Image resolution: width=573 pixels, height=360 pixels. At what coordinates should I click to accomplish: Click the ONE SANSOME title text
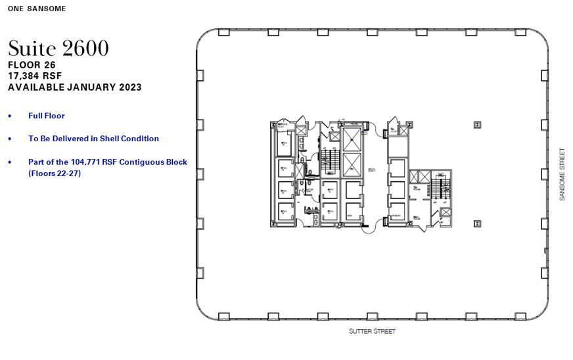37,9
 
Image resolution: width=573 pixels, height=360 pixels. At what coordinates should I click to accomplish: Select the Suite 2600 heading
58,48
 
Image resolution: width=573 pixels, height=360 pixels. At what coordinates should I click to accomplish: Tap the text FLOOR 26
32,65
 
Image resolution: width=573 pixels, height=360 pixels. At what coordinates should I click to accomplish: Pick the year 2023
128,87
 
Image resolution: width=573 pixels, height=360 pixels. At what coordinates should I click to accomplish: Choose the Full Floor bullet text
46,116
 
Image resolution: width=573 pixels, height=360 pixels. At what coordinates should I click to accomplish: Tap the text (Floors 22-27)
54,173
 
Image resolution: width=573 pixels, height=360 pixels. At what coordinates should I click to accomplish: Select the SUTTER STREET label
372,331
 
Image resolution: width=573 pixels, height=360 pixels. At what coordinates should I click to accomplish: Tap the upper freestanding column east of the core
476,125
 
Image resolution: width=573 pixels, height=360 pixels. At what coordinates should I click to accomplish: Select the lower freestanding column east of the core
476,223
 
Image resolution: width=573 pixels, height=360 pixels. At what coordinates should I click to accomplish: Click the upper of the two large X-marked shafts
352,139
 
